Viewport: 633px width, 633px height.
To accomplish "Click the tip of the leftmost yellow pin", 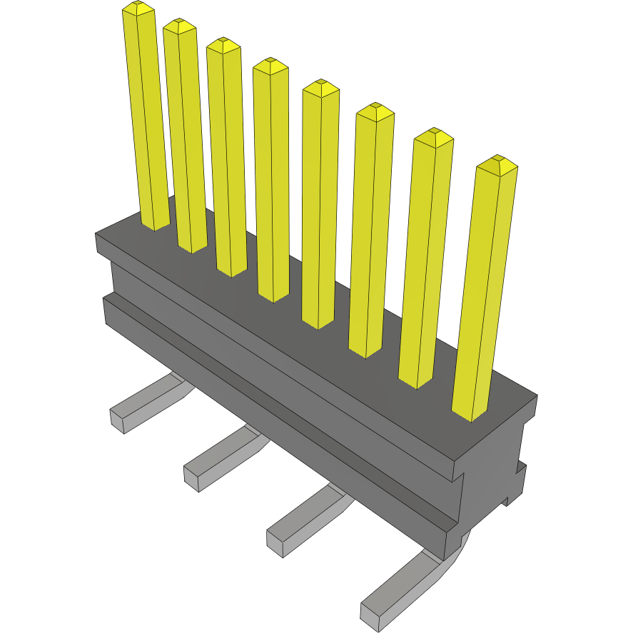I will (138, 9).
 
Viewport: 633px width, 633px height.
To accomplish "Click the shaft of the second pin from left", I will (184, 136).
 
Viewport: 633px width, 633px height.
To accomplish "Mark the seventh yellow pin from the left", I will (426, 257).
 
